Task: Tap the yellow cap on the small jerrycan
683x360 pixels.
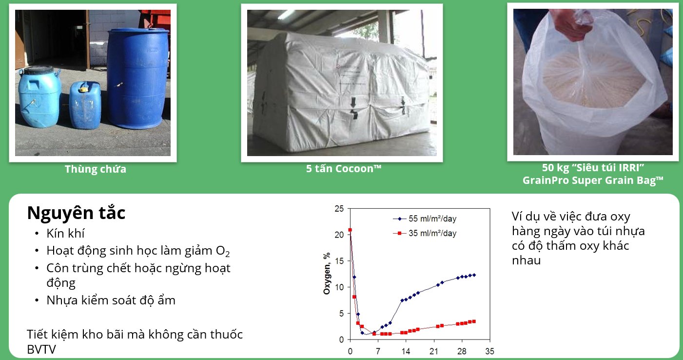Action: click(x=83, y=89)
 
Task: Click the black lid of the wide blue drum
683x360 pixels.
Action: click(x=39, y=70)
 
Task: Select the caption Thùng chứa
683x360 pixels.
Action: click(x=96, y=169)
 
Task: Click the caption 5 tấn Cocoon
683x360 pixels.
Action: click(x=344, y=168)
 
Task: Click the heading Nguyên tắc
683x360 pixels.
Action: click(x=76, y=213)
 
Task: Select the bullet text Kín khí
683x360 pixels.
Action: click(x=65, y=233)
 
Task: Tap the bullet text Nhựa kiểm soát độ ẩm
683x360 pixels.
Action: click(x=111, y=300)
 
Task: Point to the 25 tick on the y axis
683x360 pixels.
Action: click(x=339, y=209)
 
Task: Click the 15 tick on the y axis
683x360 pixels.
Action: click(x=339, y=261)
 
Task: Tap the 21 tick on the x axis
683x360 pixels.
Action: click(x=433, y=351)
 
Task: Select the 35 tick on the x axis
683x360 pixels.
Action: click(x=489, y=351)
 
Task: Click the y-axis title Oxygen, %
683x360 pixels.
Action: click(x=327, y=274)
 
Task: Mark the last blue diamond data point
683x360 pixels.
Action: click(x=474, y=275)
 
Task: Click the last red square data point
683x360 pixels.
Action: click(x=474, y=321)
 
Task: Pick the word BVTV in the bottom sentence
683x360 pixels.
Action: click(x=41, y=350)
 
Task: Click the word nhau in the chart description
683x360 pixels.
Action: click(x=527, y=260)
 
